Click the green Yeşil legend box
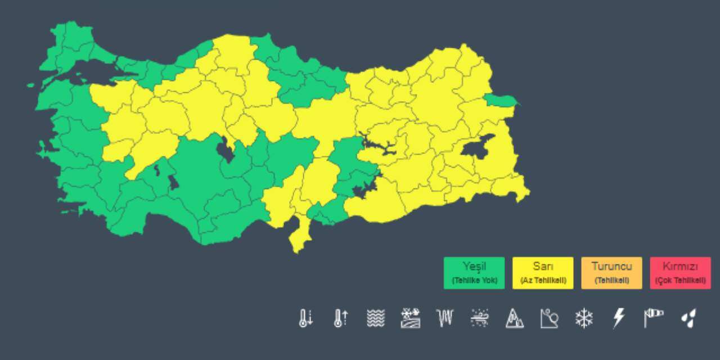474,273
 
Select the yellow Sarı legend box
543,273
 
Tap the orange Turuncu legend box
611,273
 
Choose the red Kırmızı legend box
680,273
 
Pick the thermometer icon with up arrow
341,318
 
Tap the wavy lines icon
376,318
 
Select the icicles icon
445,318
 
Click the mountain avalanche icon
514,318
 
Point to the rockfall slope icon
549,318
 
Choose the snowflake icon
584,318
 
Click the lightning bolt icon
619,318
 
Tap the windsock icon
654,318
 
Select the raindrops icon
688,318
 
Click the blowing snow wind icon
480,318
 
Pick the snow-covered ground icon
411,318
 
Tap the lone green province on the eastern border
499,101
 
